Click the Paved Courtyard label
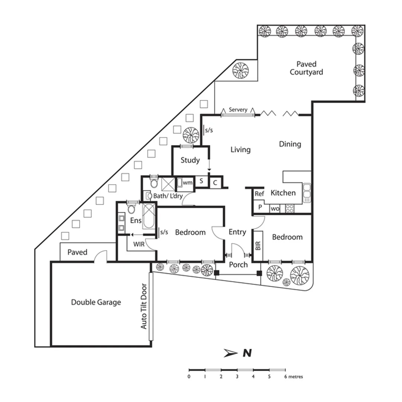tap(306, 68)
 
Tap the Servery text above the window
tap(238, 110)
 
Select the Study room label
tap(190, 160)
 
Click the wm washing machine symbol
tap(188, 183)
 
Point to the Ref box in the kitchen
tap(259, 194)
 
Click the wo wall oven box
tap(275, 209)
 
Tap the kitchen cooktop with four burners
tap(290, 208)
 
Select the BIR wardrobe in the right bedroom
tap(258, 246)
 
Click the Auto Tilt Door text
tap(144, 306)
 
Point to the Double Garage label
tap(96, 302)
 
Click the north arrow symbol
tap(231, 353)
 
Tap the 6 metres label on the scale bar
tap(294, 377)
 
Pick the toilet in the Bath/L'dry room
tap(154, 184)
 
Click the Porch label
tap(238, 265)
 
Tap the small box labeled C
tap(215, 183)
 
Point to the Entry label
tap(237, 232)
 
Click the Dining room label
tap(290, 144)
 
